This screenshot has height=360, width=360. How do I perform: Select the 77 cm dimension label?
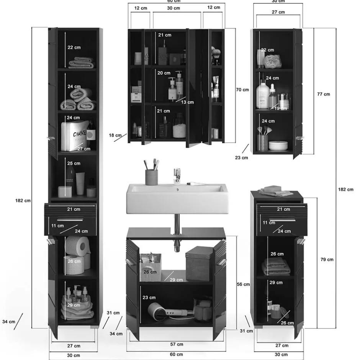[324, 94]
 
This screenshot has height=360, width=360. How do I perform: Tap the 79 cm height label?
[326, 260]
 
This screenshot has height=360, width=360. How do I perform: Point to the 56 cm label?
[244, 284]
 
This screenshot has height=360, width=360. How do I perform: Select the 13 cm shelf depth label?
[188, 102]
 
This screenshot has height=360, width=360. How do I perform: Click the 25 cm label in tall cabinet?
[74, 164]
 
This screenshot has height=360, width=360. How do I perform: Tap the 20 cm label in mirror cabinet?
[164, 73]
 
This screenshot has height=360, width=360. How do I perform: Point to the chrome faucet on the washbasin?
[177, 176]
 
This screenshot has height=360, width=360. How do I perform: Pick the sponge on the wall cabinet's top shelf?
[272, 60]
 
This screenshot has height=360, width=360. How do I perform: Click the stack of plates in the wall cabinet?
[278, 146]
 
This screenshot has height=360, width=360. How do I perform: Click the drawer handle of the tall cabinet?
[70, 220]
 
